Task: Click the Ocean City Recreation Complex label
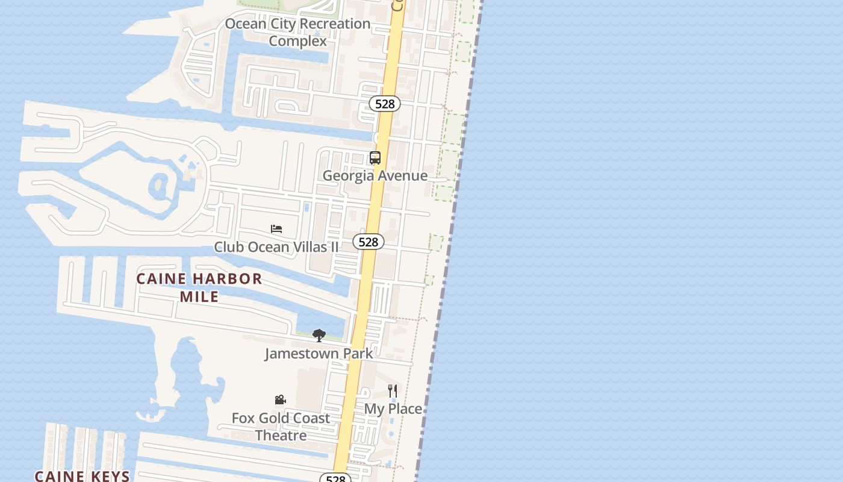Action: [x=297, y=32]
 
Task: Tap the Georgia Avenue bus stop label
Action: [x=375, y=176]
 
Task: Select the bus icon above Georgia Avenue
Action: [x=375, y=158]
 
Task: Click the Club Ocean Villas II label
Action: [x=276, y=247]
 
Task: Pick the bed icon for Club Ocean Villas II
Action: [x=276, y=229]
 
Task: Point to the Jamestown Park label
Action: [x=319, y=354]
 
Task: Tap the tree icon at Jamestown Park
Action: [x=319, y=336]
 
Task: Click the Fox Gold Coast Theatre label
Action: [x=281, y=427]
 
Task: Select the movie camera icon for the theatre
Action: [x=280, y=400]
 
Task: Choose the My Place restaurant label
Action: [x=393, y=409]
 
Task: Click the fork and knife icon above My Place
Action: [x=393, y=391]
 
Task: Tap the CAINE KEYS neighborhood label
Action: [x=82, y=476]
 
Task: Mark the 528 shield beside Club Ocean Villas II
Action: [x=368, y=242]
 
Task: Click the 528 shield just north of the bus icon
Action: [x=385, y=104]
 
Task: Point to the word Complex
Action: [x=297, y=41]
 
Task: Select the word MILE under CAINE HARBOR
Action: [x=199, y=296]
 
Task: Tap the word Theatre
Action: [x=281, y=435]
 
